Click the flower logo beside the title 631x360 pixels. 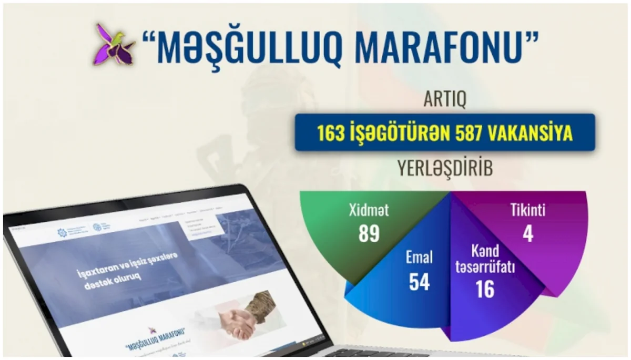tap(114, 44)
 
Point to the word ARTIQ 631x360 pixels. tap(445, 99)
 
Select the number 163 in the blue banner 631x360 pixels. tap(330, 132)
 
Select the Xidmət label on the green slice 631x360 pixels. tap(369, 211)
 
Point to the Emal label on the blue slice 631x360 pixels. tap(419, 258)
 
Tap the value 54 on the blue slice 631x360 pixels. tap(419, 282)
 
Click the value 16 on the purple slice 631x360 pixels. tap(485, 290)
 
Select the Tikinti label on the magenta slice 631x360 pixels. tap(527, 211)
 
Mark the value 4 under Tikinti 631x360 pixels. tap(527, 234)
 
